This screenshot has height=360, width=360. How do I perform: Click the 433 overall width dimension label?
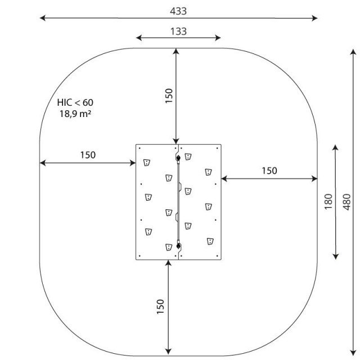[178, 11]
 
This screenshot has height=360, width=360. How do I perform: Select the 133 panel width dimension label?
[178, 31]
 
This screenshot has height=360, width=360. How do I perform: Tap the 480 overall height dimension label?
[347, 202]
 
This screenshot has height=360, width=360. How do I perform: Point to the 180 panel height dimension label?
[328, 201]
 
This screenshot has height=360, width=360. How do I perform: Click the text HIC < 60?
[75, 102]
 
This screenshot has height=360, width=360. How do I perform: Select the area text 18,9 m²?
[75, 114]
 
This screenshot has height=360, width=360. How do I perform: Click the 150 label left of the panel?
[88, 155]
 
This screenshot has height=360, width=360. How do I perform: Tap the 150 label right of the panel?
[269, 171]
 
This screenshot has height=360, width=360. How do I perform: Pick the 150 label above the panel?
[169, 96]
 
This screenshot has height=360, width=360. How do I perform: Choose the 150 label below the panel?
[160, 307]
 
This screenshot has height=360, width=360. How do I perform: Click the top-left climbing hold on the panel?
[147, 163]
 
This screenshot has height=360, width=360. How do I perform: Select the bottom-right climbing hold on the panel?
[210, 241]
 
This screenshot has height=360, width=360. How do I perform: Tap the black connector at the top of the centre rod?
[178, 157]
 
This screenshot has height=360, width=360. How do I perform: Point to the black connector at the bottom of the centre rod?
[178, 246]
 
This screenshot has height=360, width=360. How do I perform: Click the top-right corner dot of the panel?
[217, 148]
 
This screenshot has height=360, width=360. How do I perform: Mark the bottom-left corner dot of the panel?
[139, 256]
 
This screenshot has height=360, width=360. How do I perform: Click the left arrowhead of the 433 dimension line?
[43, 17]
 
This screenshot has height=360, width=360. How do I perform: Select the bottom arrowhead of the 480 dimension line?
[353, 353]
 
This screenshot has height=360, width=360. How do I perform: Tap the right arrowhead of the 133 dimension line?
[218, 38]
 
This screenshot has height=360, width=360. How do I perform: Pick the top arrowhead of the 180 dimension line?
[335, 147]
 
